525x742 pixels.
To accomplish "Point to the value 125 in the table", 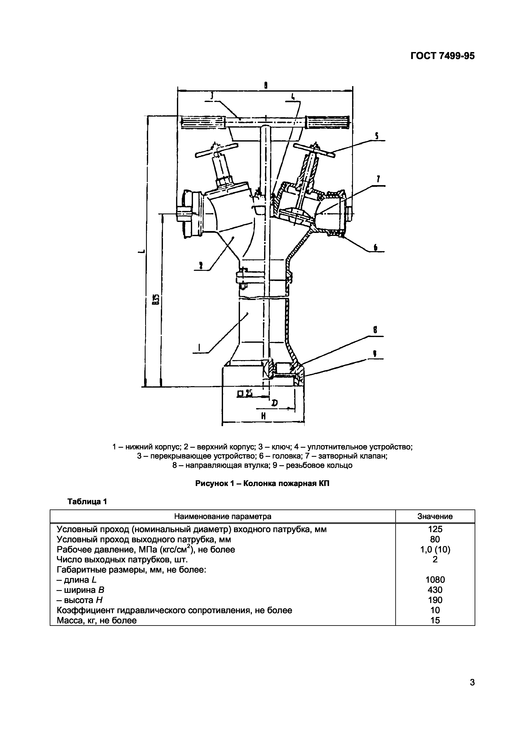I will coord(435,529).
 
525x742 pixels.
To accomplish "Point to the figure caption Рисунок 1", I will coord(262,483).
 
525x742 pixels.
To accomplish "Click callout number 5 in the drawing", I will coord(377,136).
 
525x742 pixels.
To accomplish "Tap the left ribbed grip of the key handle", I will coord(202,122).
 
